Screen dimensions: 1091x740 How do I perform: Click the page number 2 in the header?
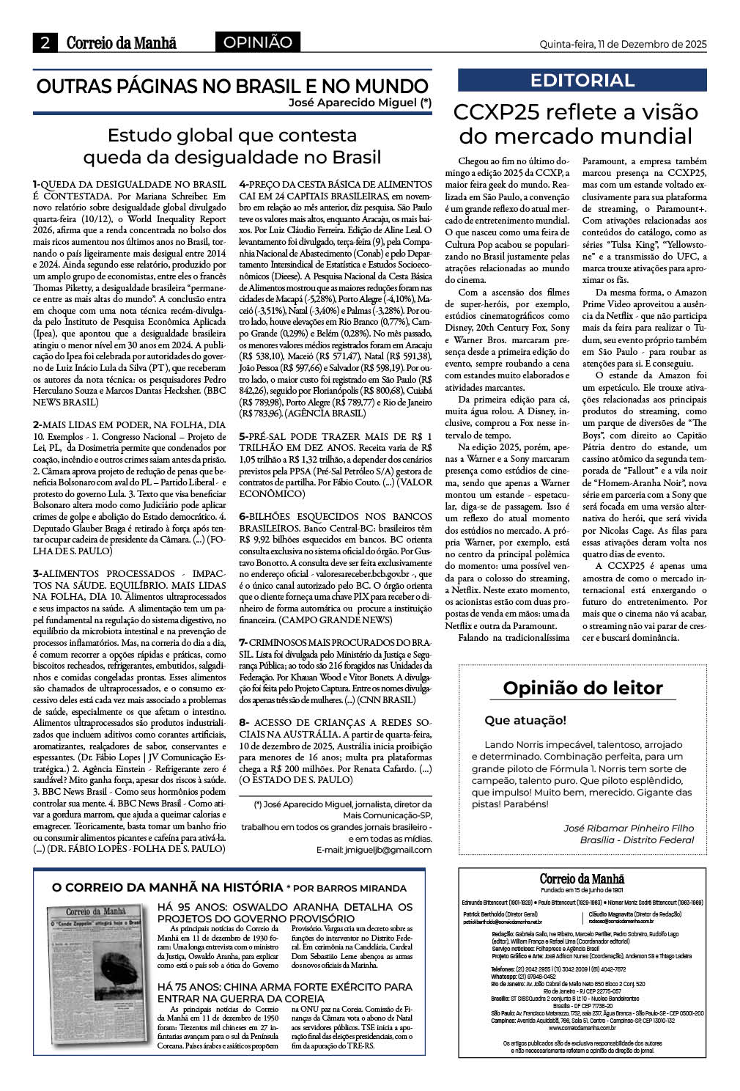click(x=45, y=43)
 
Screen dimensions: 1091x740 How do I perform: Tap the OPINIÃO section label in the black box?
click(x=257, y=43)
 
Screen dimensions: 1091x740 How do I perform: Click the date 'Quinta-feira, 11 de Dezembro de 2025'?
click(x=623, y=44)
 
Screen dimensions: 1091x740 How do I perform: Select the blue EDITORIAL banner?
click(x=582, y=80)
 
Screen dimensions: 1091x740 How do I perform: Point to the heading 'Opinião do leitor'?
click(x=582, y=688)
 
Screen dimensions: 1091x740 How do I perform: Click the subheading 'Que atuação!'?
click(x=525, y=720)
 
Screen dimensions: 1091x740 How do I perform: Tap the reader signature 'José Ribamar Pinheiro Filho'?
click(x=628, y=828)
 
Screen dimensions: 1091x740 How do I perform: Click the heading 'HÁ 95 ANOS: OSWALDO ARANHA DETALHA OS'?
click(x=285, y=907)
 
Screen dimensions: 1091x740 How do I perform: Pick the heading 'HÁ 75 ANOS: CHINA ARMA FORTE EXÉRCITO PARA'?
click(x=285, y=987)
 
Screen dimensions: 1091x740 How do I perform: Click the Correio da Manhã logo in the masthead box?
click(x=582, y=879)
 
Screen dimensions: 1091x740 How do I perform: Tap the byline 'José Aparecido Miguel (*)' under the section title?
click(x=360, y=103)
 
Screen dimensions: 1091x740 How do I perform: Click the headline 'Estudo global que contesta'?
click(x=232, y=136)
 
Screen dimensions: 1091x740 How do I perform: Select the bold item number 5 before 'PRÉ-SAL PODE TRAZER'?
click(x=243, y=436)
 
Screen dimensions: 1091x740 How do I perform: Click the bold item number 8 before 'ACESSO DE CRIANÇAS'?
click(x=243, y=722)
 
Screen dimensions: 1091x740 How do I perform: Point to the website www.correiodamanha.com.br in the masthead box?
click(x=582, y=1028)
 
